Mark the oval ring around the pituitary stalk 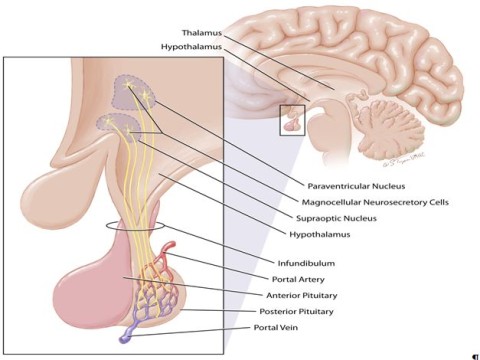136,227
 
